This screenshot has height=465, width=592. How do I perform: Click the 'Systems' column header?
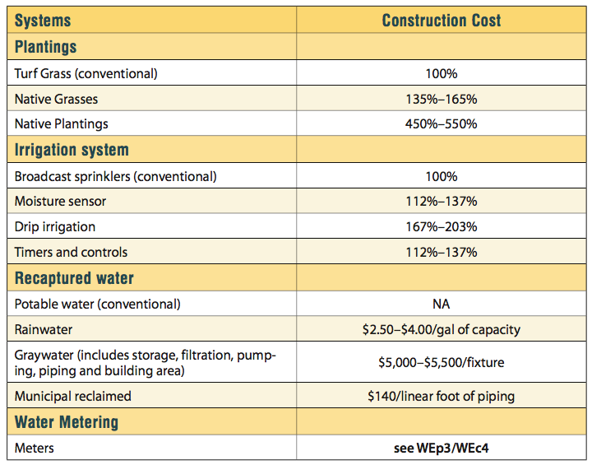[43, 20]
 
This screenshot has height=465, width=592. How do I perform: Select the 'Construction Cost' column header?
[441, 20]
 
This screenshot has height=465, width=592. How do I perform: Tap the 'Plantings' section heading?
[46, 46]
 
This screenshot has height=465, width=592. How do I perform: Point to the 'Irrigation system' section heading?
[72, 150]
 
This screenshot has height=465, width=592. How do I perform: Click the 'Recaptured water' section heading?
[74, 277]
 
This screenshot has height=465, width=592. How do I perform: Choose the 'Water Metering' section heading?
[67, 422]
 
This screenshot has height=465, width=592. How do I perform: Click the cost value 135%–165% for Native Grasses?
[441, 99]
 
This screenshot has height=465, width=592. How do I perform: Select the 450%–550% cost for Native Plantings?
[441, 124]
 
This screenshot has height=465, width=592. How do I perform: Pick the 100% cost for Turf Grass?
[441, 73]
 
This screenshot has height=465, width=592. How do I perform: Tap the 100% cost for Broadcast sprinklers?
[441, 176]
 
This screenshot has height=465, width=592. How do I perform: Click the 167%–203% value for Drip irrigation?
[441, 226]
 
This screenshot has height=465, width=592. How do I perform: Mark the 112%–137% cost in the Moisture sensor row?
[441, 202]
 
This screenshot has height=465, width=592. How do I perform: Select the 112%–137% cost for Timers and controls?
[441, 252]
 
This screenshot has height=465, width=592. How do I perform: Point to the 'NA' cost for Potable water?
[441, 304]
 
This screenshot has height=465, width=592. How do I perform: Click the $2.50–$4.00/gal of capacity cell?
[441, 329]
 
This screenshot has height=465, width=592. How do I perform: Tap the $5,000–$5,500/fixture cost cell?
[441, 362]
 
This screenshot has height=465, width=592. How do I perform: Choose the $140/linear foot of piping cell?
[441, 396]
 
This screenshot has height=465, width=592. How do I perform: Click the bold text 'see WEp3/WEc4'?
[441, 448]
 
